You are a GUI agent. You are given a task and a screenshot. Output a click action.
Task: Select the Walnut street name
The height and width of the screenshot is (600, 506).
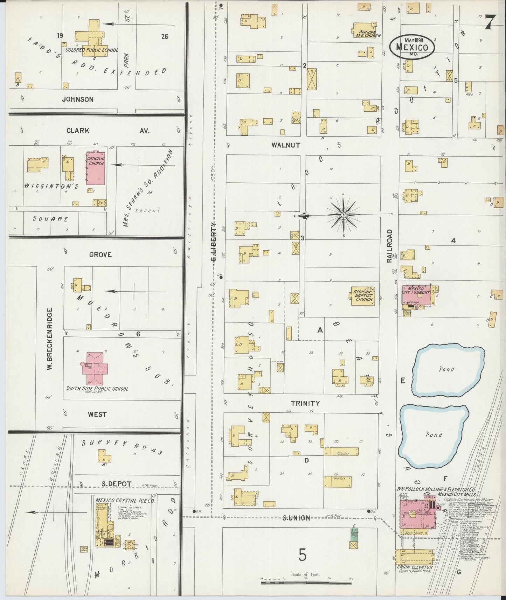286,145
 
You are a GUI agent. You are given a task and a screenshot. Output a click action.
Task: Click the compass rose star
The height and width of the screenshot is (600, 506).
343,214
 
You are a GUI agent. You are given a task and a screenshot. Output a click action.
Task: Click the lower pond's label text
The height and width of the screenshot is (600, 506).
434,435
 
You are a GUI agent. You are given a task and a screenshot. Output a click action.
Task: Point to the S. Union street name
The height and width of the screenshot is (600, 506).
296,518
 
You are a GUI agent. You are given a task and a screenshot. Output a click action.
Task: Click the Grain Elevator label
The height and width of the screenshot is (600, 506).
415,567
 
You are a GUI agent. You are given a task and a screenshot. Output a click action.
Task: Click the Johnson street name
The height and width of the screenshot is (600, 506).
78,99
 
